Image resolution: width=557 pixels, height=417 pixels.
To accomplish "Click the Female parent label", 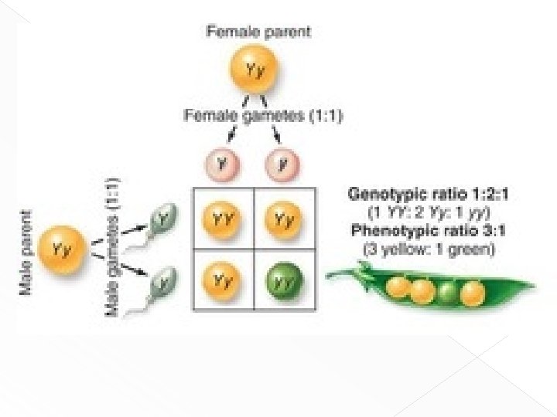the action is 258,32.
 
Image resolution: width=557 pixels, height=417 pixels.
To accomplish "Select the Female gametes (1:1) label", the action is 263,117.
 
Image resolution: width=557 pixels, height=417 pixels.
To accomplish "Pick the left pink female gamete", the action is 223,164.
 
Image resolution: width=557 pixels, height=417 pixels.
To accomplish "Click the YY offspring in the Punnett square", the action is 223,219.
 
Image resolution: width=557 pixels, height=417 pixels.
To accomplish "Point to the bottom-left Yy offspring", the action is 223,280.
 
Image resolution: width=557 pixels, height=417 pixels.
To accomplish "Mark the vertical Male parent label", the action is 26,252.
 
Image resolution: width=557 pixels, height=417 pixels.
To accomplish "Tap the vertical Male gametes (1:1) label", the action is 115,246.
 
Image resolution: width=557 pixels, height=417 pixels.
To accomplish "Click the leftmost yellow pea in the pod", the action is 398,288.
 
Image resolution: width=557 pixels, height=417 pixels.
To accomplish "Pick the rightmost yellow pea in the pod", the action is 473,293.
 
